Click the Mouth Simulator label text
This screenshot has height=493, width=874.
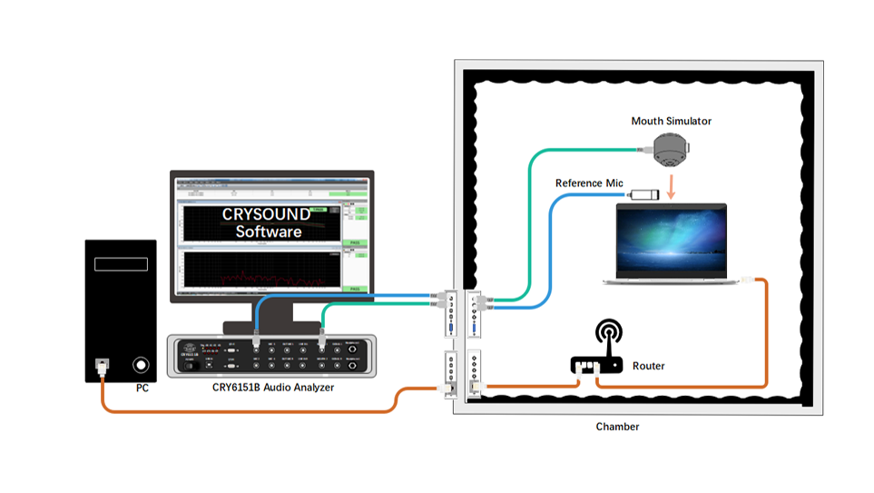point(671,121)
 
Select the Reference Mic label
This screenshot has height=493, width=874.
point(589,183)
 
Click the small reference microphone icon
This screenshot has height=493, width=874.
point(644,193)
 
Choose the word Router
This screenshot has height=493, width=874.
point(648,366)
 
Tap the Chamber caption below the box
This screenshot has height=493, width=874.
point(617,426)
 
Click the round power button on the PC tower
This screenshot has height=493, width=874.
point(141,365)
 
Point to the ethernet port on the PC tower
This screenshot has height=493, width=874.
point(103,365)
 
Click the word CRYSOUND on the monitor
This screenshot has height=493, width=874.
point(266,215)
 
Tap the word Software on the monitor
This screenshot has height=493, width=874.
point(268,232)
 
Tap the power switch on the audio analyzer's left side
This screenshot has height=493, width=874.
point(190,366)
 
